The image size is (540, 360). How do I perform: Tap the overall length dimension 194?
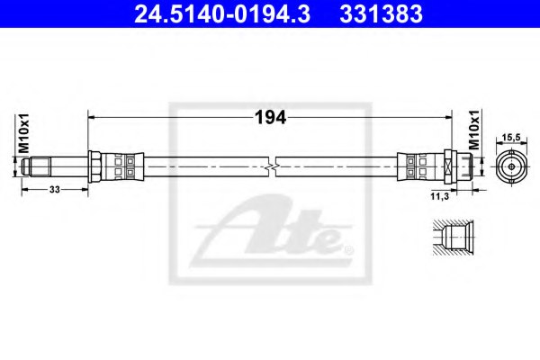pos(270,117)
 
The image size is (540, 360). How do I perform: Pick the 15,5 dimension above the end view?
pos(511,136)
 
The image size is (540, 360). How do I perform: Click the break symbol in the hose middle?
pos(272,166)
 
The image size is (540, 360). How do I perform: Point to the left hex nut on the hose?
pos(94,166)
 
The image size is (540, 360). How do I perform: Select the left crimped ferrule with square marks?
pos(120,166)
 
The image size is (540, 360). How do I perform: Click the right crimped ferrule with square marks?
pos(420,166)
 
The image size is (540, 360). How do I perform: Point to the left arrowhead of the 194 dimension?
pos(91,116)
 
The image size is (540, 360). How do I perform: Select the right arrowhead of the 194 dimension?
pos(451,116)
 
